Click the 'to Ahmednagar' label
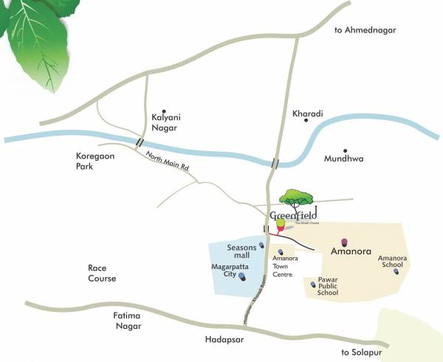[365, 29]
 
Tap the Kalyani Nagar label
[166, 122]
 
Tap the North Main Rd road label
[168, 161]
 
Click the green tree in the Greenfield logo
[296, 197]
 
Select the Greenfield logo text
[293, 215]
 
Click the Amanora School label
[391, 261]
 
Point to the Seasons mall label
[241, 251]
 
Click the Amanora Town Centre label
[283, 266]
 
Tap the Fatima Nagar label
[128, 321]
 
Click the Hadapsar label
[224, 340]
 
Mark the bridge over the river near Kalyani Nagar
[139, 142]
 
